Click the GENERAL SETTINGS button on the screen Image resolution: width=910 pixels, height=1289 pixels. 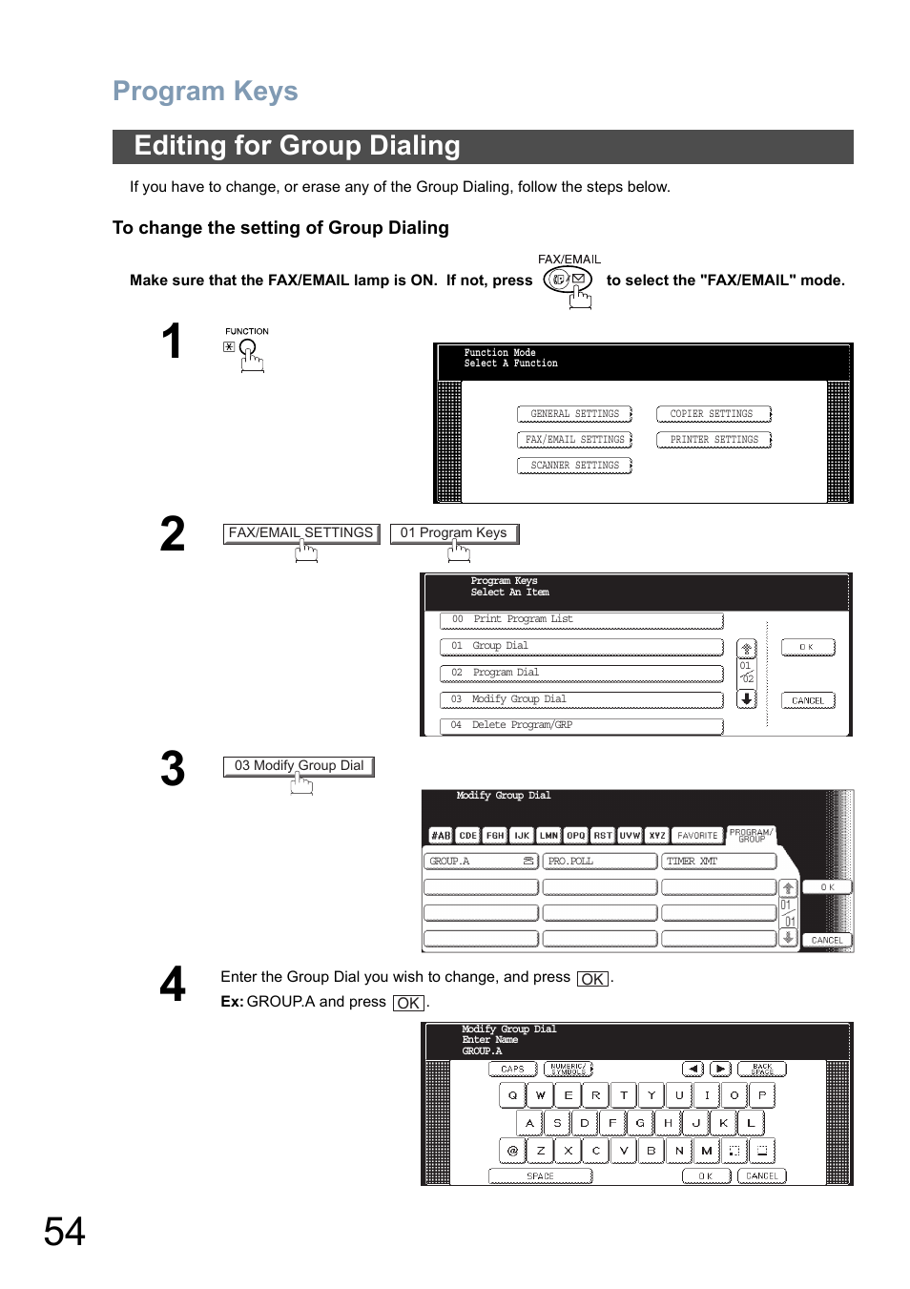574,414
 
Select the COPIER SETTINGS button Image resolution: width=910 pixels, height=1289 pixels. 713,414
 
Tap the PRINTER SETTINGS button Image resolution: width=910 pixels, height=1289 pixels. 714,440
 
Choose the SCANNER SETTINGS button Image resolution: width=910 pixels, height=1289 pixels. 574,466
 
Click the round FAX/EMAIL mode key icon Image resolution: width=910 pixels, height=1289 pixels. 568,280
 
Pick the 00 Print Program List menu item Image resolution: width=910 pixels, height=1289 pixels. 581,619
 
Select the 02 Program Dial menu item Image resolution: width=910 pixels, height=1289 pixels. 581,673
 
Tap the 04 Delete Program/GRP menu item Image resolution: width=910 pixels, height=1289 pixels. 581,725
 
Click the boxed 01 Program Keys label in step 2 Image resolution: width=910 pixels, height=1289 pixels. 454,533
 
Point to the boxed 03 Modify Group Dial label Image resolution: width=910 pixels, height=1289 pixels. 299,766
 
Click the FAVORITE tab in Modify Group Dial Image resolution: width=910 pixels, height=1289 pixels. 697,836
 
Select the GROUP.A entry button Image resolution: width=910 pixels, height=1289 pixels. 481,862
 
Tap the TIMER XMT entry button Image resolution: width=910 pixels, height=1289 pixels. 718,862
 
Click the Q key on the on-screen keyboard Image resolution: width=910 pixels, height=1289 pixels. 512,1095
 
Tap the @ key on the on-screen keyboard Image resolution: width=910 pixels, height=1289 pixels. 512,1151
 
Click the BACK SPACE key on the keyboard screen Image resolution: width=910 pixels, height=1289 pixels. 762,1070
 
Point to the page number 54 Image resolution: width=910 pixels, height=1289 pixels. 64,1232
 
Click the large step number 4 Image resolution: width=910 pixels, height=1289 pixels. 173,985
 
